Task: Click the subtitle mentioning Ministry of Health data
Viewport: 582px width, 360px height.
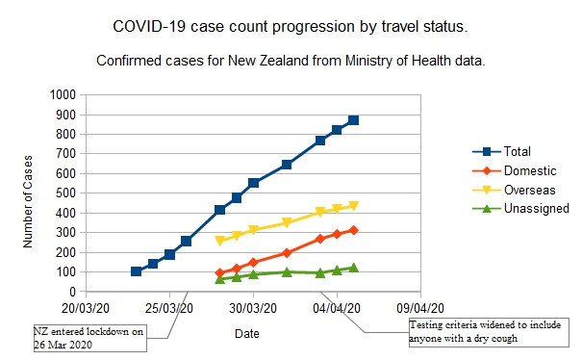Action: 291,60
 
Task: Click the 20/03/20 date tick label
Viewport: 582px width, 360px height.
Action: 89,309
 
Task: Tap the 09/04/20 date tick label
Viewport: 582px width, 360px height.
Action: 417,309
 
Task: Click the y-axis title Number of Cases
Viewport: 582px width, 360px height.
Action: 28,194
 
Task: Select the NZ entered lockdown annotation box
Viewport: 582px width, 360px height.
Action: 89,338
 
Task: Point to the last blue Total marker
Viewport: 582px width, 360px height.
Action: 353,120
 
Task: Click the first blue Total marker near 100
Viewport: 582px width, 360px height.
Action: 137,271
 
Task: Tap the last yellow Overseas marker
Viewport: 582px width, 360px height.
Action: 353,205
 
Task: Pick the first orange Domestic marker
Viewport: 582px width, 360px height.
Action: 220,273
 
